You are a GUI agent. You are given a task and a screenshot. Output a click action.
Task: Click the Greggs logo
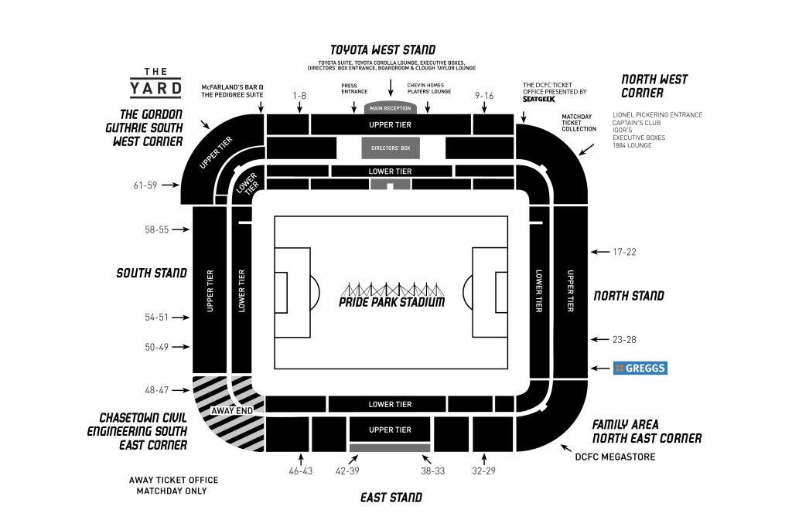[640, 369]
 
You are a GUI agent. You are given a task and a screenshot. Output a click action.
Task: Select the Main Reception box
[391, 108]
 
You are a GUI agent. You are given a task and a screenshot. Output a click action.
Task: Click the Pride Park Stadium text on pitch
[391, 302]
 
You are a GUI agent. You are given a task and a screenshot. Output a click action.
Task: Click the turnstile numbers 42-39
[346, 471]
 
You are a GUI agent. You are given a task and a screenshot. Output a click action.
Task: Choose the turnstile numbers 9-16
[485, 96]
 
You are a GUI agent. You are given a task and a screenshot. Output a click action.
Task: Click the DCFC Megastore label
[615, 457]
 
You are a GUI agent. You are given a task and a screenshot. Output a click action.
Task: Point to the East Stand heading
[391, 498]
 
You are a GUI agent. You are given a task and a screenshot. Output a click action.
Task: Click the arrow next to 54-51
[180, 318]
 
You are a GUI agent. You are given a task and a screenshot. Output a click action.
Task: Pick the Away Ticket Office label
[173, 485]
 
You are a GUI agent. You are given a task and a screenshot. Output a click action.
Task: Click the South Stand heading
[152, 273]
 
